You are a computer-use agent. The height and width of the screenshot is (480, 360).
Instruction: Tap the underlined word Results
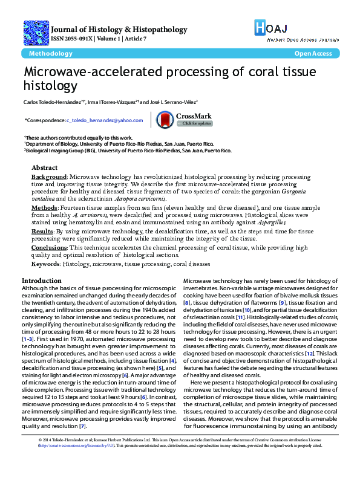[x=42, y=231]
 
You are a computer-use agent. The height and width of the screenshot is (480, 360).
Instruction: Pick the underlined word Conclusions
[x=49, y=248]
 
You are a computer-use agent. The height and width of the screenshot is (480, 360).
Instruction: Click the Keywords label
[x=46, y=264]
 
